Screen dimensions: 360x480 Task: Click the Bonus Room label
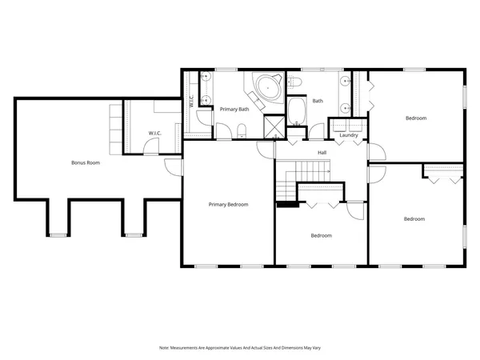click(x=85, y=162)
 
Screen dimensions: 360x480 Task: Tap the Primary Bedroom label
click(x=228, y=204)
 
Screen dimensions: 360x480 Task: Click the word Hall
click(x=322, y=152)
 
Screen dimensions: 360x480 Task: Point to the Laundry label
click(x=348, y=135)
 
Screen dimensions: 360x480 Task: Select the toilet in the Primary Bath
click(x=241, y=130)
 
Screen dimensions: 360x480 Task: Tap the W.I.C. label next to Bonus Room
click(x=155, y=133)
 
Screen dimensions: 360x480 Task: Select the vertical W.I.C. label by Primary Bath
click(x=191, y=102)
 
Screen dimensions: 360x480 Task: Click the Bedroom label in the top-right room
click(x=416, y=118)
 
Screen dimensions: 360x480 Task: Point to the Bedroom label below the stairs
click(x=321, y=235)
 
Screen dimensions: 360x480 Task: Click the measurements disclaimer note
click(x=240, y=348)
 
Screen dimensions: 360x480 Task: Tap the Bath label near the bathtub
click(x=318, y=101)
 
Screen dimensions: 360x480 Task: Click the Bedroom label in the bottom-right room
click(x=414, y=218)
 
